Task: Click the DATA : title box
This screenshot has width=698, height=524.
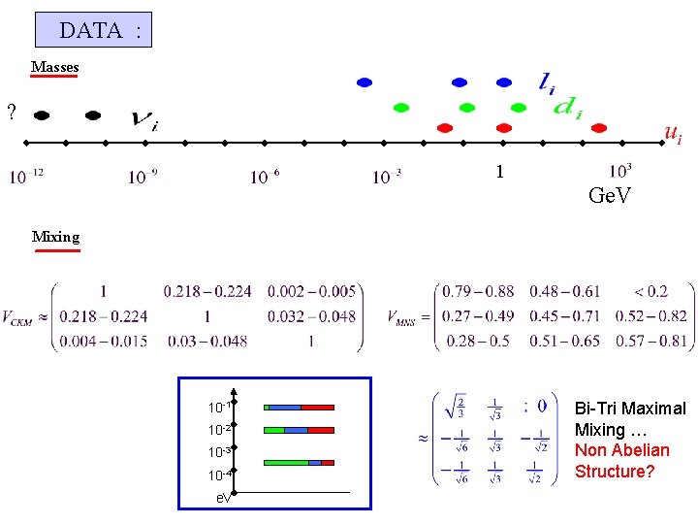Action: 93,30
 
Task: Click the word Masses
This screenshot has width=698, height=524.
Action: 54,67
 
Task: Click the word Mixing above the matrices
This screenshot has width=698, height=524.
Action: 55,236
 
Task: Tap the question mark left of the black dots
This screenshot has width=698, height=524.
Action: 11,113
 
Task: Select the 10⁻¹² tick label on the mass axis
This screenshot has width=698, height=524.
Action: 26,177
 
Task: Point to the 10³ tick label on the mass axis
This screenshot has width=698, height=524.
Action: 620,171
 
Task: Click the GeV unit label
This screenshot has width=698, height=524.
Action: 610,197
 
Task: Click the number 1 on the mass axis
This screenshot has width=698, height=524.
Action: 499,172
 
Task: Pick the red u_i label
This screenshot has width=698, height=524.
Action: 672,134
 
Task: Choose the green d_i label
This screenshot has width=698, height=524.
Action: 567,110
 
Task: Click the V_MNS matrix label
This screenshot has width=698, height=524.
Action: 400,317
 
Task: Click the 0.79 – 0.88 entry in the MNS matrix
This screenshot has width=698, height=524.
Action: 477,291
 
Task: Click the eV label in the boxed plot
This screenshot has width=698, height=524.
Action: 223,497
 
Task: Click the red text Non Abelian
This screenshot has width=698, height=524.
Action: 621,450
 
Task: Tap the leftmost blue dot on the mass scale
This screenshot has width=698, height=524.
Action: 365,82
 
